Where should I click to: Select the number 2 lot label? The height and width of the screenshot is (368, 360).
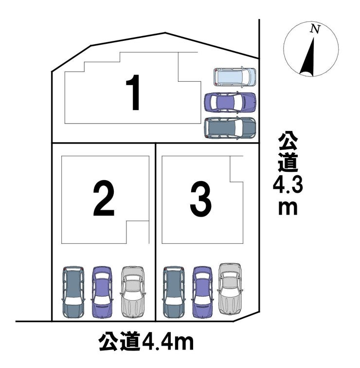point(104,199)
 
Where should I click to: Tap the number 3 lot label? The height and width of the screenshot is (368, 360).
point(201,199)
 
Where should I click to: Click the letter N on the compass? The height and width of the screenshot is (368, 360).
point(315,29)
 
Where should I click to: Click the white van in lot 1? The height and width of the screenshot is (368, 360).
point(234,77)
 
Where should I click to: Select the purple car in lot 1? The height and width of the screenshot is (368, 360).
point(230,102)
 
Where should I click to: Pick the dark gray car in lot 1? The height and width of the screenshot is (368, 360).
point(230,128)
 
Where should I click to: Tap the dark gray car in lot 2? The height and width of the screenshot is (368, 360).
point(73,292)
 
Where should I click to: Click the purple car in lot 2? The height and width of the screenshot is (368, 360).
point(102,292)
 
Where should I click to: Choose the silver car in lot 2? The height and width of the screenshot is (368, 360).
point(132,290)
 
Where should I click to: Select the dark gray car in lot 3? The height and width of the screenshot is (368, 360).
point(174,292)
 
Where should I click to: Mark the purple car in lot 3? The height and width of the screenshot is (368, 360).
point(202,292)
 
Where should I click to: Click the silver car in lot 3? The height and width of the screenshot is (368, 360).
point(230,288)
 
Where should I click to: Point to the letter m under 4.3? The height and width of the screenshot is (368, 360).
point(288,207)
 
